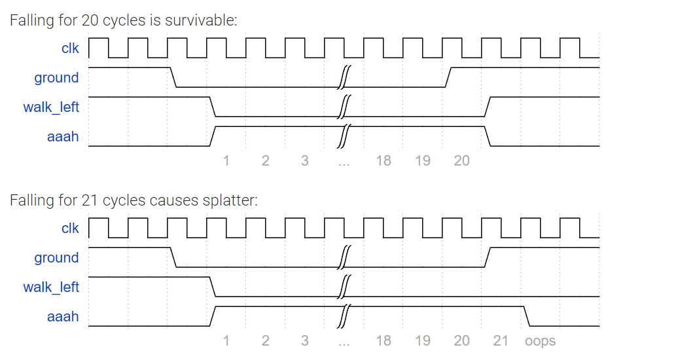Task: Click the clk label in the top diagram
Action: point(70,48)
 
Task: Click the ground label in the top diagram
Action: point(56,78)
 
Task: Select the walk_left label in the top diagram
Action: point(51,107)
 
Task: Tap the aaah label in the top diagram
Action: point(63,137)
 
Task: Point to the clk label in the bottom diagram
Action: point(70,228)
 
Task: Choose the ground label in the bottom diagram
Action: point(56,258)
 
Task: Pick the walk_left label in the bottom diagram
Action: point(51,287)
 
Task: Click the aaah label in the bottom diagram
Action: point(63,317)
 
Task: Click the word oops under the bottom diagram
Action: point(540,341)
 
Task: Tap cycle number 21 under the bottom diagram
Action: point(501,341)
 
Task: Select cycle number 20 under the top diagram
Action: point(461,161)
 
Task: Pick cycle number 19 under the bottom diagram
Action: point(423,341)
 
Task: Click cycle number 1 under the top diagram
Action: point(226,161)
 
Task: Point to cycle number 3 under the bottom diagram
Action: point(305,341)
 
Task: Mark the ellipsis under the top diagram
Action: point(344,162)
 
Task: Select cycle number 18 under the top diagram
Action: point(384,161)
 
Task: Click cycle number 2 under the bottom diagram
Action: point(266,341)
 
